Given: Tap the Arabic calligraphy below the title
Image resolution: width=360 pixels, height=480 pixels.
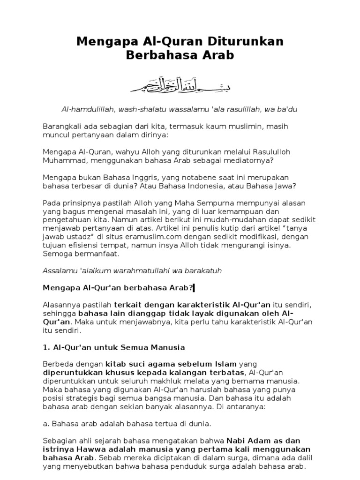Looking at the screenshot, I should pyautogui.click(x=180, y=83).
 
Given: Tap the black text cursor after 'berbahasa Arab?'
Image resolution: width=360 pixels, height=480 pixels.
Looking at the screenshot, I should pyautogui.click(x=193, y=287).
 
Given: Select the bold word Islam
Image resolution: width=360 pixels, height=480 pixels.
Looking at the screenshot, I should pyautogui.click(x=224, y=364).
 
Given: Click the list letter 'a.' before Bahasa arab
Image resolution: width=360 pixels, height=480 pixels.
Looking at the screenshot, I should pyautogui.click(x=45, y=424).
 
